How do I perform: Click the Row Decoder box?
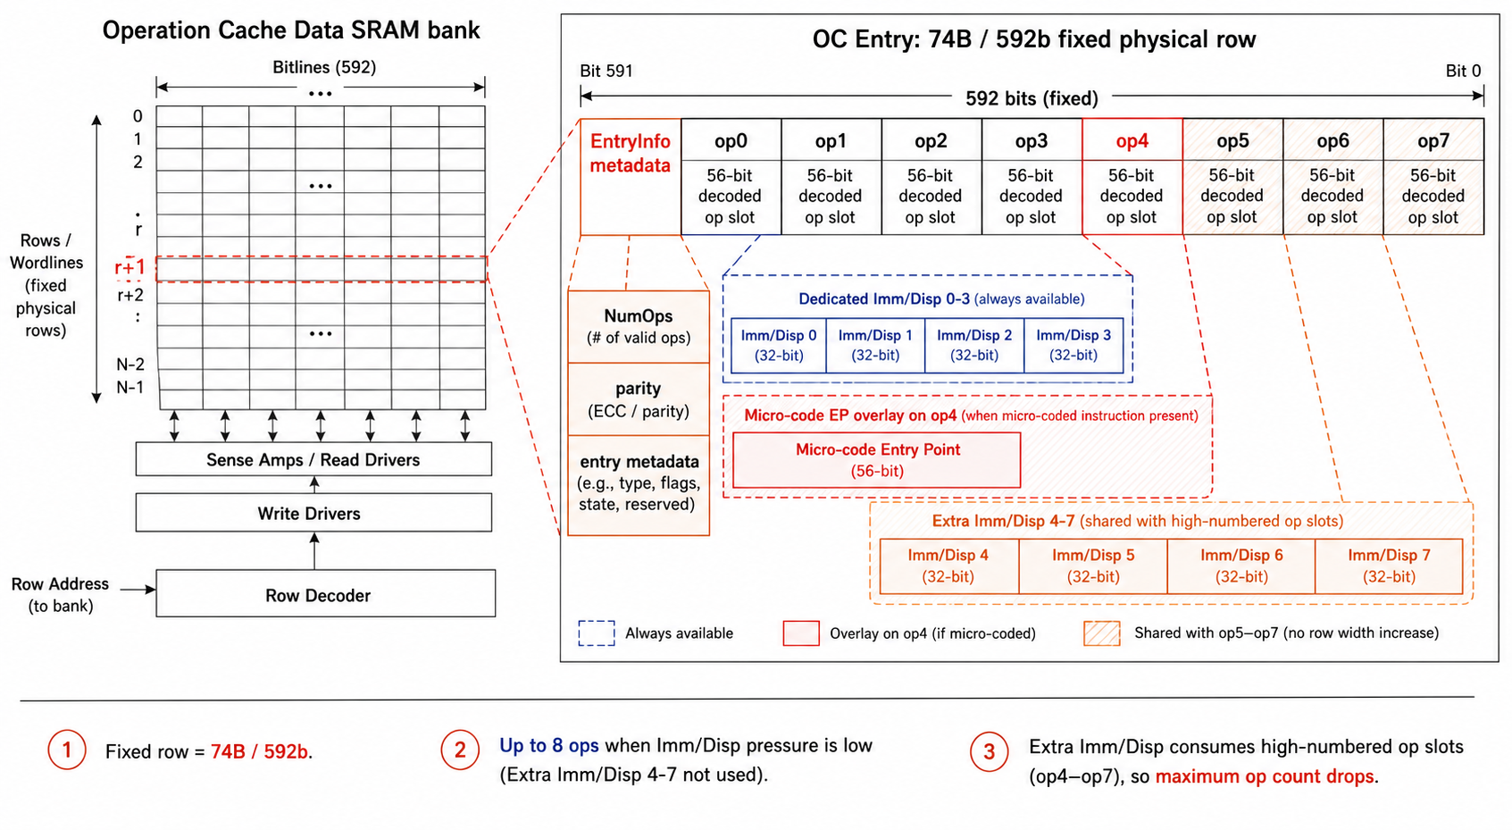tap(325, 593)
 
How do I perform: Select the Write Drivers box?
tap(313, 513)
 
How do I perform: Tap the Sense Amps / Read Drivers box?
tap(313, 459)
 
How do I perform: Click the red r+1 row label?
tap(129, 267)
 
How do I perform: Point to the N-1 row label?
tap(130, 387)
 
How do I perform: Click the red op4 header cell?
tap(1132, 140)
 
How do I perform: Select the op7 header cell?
tap(1433, 140)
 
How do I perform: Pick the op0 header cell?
tap(731, 140)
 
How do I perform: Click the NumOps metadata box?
tap(639, 327)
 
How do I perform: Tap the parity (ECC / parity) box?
tap(639, 399)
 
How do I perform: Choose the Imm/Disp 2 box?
tap(974, 345)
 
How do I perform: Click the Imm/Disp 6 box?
tap(1241, 566)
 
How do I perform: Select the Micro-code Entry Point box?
tap(877, 460)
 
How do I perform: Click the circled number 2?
tap(460, 750)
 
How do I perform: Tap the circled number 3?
tap(989, 751)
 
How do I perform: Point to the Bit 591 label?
tap(606, 71)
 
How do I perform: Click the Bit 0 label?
tap(1463, 71)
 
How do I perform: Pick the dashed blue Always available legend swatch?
tap(597, 633)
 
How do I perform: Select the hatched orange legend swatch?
tap(1101, 633)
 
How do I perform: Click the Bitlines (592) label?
tap(324, 67)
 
